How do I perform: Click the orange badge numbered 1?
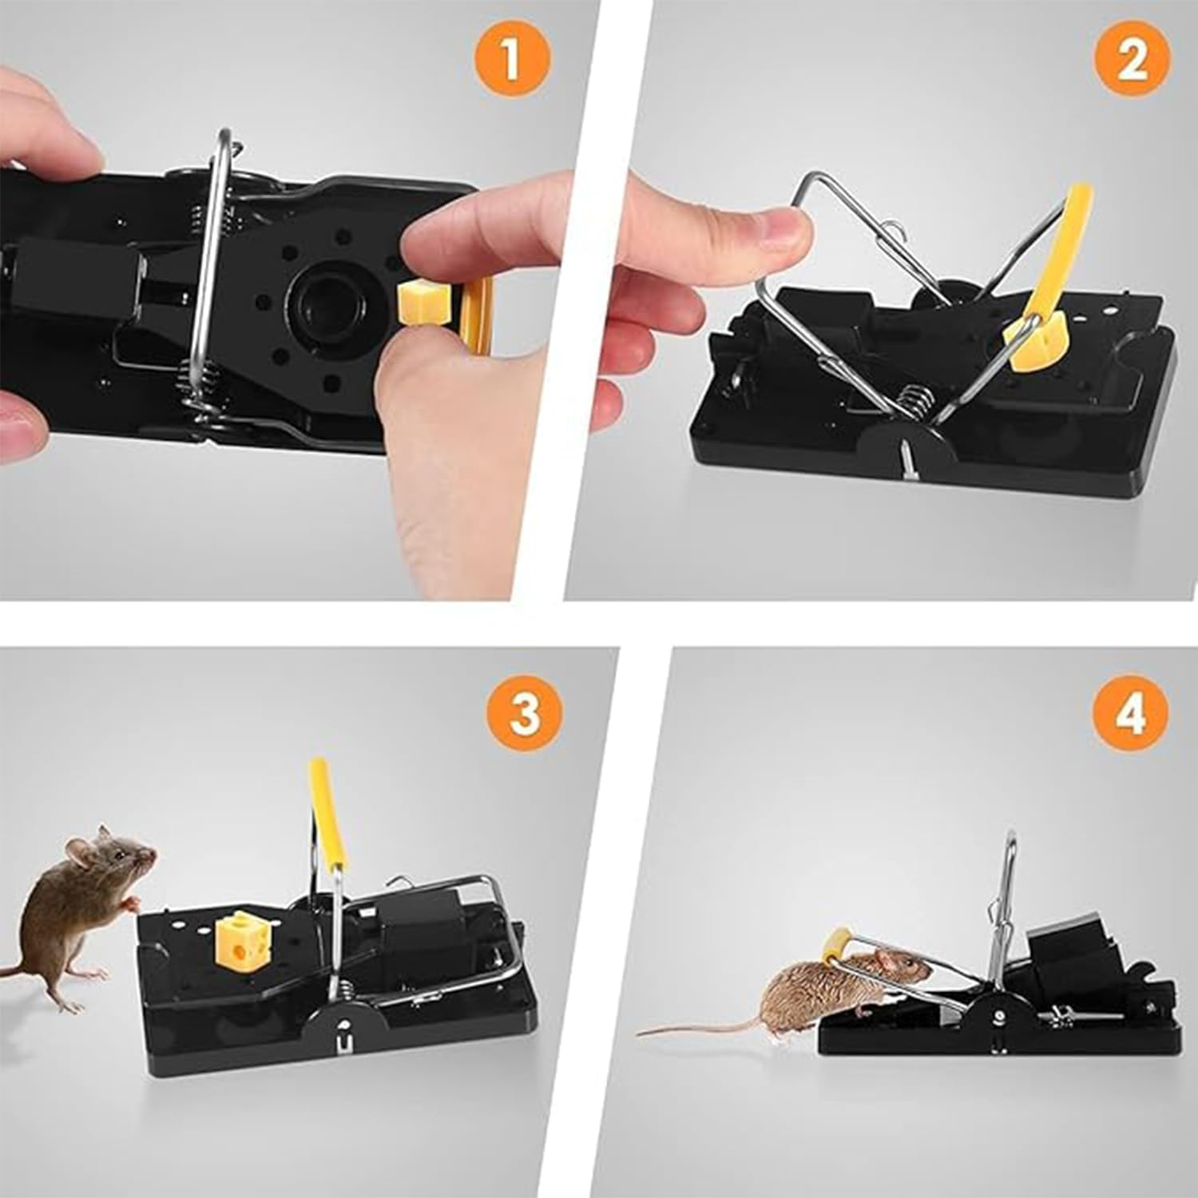click(x=512, y=61)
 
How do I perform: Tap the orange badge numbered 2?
click(x=1131, y=61)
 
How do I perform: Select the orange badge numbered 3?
click(x=525, y=712)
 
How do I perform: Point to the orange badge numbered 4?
click(x=1130, y=712)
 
